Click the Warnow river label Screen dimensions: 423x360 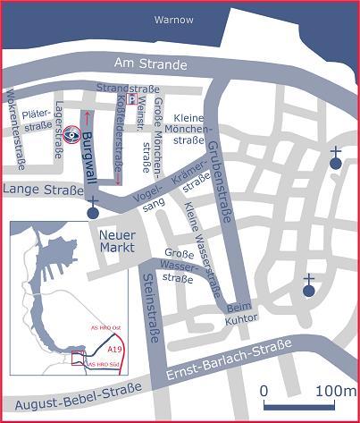point(173,19)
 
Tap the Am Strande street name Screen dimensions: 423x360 point(150,63)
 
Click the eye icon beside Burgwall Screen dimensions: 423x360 point(71,135)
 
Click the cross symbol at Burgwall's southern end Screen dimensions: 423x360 point(93,212)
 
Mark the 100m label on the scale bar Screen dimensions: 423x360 point(335,391)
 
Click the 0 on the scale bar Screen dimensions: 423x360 point(264,391)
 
